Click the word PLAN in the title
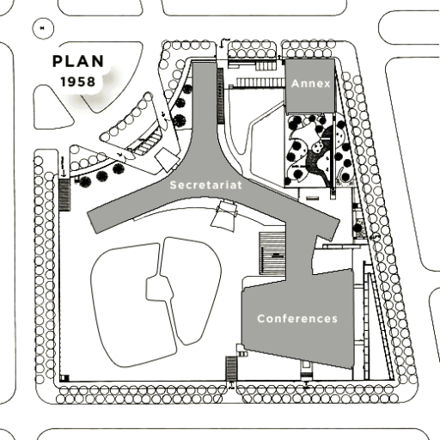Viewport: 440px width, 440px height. (x=78, y=61)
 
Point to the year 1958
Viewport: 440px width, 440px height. (x=77, y=82)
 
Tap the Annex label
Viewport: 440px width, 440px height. (x=311, y=83)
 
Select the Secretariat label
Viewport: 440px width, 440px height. (x=206, y=185)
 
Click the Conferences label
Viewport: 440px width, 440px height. (x=297, y=319)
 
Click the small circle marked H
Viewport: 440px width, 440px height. (x=43, y=28)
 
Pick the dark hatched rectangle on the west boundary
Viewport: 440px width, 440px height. (x=64, y=195)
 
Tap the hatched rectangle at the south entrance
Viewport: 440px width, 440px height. (x=231, y=368)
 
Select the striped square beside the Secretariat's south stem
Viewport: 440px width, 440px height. (x=272, y=254)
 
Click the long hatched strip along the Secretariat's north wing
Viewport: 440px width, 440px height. (x=220, y=96)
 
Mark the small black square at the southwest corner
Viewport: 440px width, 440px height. (x=64, y=378)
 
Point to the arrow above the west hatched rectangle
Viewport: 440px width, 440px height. (x=63, y=167)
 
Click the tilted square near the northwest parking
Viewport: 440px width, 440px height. (x=167, y=159)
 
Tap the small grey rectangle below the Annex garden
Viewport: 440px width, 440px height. (x=312, y=198)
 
